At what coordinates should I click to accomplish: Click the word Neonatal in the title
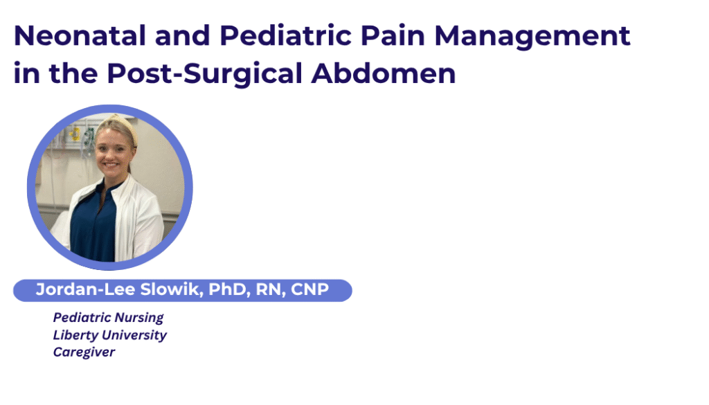click(80, 36)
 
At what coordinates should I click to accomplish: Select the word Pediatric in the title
click(285, 36)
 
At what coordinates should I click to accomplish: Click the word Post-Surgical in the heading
click(205, 74)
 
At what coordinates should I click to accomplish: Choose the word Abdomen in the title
click(384, 73)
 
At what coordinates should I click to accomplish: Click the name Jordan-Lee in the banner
click(85, 289)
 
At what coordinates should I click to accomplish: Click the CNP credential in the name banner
click(309, 289)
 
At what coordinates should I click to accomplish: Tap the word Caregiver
click(84, 352)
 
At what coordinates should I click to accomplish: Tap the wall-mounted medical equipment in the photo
click(79, 136)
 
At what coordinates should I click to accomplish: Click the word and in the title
click(183, 36)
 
